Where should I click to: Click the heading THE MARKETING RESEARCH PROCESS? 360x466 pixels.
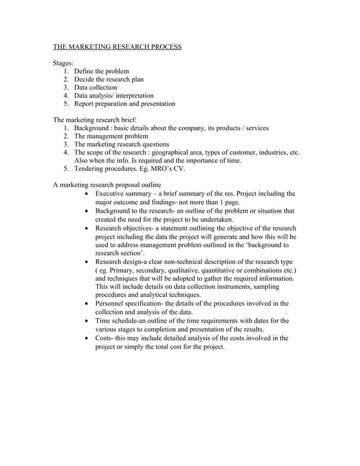click(x=117, y=46)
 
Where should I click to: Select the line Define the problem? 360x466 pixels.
click(x=102, y=71)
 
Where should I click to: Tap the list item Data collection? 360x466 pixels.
click(x=95, y=87)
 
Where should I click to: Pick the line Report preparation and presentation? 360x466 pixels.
click(x=124, y=104)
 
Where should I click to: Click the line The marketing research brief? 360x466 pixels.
click(x=95, y=120)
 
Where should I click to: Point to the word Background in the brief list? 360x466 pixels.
click(x=92, y=128)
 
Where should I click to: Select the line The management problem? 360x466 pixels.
click(x=111, y=137)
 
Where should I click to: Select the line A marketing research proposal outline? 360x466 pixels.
click(x=107, y=185)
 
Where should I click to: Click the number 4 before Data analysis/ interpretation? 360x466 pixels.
click(x=65, y=96)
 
